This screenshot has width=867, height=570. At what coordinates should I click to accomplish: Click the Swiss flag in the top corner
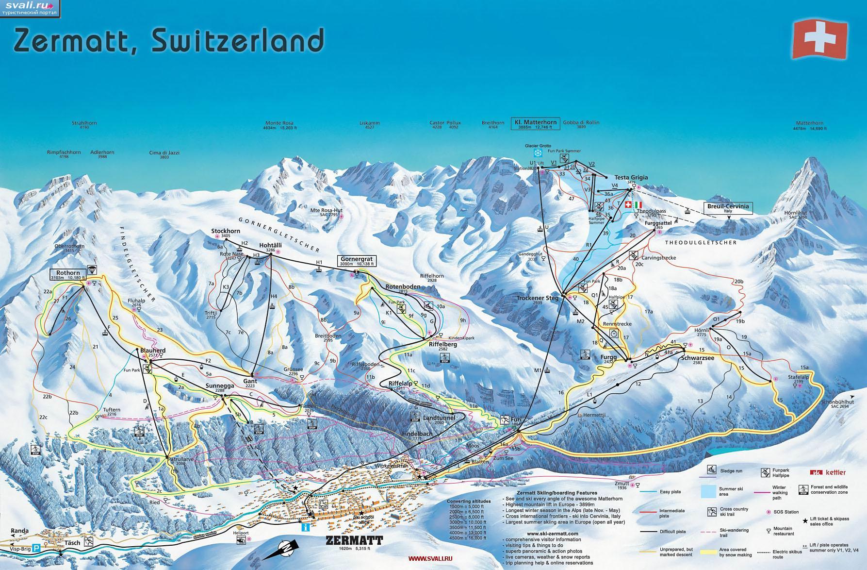820,39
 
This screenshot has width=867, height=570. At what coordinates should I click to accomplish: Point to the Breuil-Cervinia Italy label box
728,208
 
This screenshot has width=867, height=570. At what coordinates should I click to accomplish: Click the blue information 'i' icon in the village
305,527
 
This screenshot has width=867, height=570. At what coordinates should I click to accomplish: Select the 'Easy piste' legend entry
671,492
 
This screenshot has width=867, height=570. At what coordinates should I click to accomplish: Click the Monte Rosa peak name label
279,123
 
